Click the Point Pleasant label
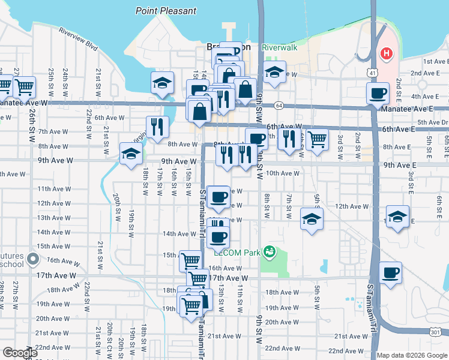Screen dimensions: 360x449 coord(166,11)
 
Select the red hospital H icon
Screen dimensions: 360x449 coord(387,53)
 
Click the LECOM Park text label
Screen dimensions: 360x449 coord(245,253)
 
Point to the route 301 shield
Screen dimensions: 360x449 coord(436,332)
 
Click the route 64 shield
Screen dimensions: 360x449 coord(279,106)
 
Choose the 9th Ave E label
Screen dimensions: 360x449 coord(400,165)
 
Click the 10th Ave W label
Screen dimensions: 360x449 coord(282,173)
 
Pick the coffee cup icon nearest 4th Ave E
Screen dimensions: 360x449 coord(378,93)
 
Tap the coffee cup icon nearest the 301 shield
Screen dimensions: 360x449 coord(390,272)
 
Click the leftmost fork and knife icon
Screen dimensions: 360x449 coord(157,126)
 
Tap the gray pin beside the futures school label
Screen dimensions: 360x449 coord(33,260)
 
